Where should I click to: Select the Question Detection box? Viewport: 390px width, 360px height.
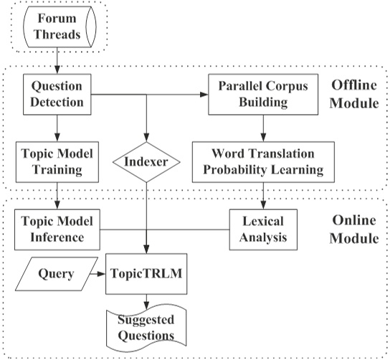click(57, 93)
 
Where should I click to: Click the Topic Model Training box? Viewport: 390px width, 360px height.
click(57, 161)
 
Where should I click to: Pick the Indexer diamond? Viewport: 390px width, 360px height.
click(146, 161)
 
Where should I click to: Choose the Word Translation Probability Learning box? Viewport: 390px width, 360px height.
click(263, 161)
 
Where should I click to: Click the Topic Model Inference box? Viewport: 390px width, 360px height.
click(57, 229)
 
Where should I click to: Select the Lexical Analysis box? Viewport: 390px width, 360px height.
click(261, 229)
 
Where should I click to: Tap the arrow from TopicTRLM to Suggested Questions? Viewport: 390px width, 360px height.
click(146, 302)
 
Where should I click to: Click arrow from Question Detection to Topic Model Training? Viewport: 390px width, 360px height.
click(57, 128)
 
